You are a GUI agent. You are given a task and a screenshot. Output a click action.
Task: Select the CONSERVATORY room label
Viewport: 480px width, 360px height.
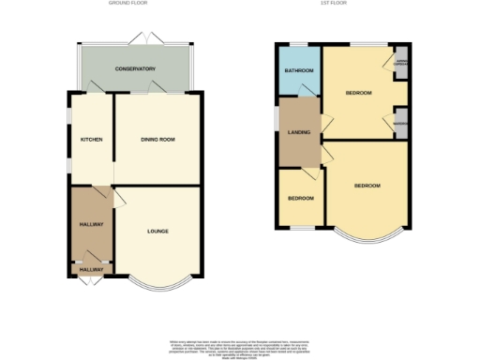tap(135, 70)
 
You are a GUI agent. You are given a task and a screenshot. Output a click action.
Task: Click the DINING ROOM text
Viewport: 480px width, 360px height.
tap(157, 140)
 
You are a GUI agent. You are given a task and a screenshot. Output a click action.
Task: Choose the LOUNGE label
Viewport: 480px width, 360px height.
tap(157, 231)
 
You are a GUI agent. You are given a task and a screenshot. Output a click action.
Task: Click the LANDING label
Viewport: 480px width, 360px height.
tap(298, 132)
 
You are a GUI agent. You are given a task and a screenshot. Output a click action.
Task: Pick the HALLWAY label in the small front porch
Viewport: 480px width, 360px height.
tap(91, 270)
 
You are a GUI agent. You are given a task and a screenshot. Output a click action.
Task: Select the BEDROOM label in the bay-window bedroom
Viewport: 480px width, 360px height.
tap(367, 186)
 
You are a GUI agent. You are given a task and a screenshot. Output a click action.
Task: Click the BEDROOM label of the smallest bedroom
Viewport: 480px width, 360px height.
tap(300, 199)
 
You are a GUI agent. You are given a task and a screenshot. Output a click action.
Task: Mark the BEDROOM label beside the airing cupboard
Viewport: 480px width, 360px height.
tap(358, 94)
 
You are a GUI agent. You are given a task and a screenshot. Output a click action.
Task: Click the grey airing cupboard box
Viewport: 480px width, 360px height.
tap(400, 65)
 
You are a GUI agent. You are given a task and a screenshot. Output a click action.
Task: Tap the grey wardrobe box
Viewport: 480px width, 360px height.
tap(400, 124)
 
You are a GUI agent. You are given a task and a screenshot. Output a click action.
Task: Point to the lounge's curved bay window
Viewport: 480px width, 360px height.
tap(161, 279)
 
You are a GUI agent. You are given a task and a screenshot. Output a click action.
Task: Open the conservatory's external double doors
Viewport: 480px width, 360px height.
tap(150, 37)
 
